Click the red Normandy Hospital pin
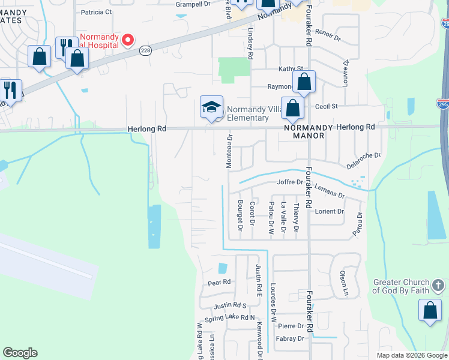pyautogui.click(x=127, y=41)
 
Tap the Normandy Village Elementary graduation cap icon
pyautogui.click(x=211, y=107)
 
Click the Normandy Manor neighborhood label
pyautogui.click(x=304, y=136)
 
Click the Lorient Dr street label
pyautogui.click(x=330, y=211)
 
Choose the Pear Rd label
pyautogui.click(x=219, y=282)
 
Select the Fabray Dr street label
pyautogui.click(x=291, y=338)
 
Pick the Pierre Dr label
pyautogui.click(x=291, y=326)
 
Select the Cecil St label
pyautogui.click(x=327, y=106)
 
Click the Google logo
pyautogui.click(x=20, y=353)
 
